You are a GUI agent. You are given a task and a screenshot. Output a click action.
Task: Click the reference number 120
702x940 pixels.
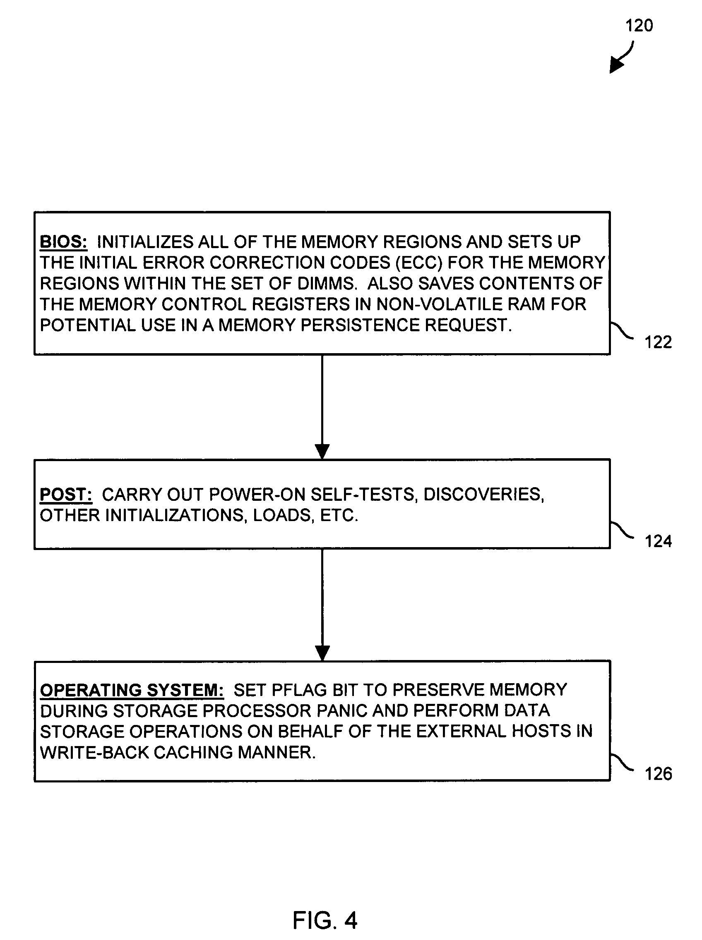click(x=639, y=26)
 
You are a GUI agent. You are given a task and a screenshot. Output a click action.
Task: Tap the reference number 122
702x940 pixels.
click(x=658, y=342)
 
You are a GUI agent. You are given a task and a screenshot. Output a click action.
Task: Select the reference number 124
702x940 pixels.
click(x=658, y=541)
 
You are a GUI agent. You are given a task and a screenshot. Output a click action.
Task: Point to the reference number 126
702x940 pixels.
click(x=658, y=774)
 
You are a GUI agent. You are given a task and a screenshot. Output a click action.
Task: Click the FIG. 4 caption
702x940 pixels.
click(x=325, y=921)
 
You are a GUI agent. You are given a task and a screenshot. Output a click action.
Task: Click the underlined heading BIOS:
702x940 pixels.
click(x=64, y=242)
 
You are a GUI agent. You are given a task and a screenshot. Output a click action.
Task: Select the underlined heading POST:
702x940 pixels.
click(x=66, y=495)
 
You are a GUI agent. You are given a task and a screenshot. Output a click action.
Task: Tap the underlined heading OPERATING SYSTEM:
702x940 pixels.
click(x=132, y=690)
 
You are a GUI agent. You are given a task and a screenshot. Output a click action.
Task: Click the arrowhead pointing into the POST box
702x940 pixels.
click(x=322, y=451)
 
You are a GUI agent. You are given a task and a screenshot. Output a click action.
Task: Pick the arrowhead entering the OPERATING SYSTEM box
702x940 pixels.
click(x=322, y=653)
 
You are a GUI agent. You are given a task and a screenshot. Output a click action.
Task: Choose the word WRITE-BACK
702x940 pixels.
click(x=94, y=752)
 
